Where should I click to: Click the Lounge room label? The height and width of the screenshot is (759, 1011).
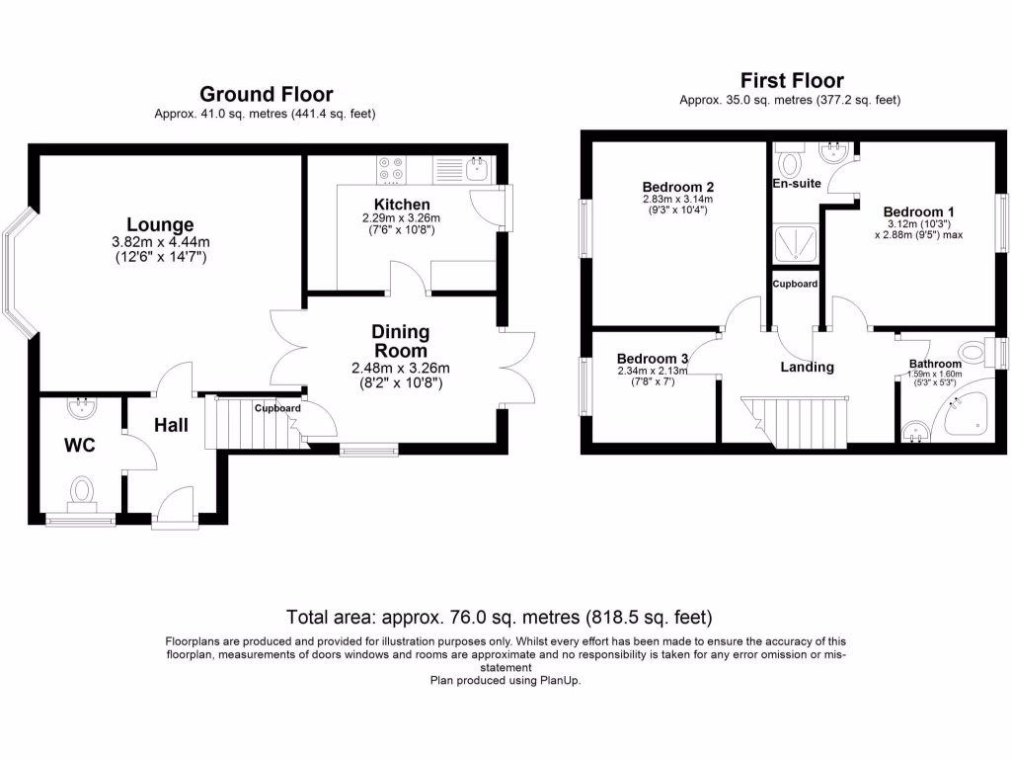(160, 224)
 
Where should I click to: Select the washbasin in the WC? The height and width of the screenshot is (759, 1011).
(82, 407)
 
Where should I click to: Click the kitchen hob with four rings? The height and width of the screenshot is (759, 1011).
(391, 169)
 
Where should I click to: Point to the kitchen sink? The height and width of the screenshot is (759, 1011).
(478, 170)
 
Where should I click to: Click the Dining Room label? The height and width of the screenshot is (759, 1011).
(401, 341)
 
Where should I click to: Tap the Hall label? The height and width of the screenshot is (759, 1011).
(171, 425)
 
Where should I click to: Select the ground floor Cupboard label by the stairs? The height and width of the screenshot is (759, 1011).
(277, 408)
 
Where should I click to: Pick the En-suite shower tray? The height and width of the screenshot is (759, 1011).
(796, 244)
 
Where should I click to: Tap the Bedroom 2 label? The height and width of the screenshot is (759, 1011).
(677, 187)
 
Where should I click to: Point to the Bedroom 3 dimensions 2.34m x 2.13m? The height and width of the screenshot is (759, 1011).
(653, 372)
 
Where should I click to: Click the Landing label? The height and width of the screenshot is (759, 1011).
(808, 368)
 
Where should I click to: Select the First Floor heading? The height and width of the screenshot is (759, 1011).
(792, 81)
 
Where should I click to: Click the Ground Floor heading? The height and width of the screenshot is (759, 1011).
(267, 94)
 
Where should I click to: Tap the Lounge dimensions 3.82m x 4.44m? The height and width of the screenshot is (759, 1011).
(161, 243)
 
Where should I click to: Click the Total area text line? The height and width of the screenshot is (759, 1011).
(499, 618)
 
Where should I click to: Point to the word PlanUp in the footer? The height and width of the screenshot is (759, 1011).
(560, 680)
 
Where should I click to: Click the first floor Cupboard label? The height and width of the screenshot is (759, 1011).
(795, 284)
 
